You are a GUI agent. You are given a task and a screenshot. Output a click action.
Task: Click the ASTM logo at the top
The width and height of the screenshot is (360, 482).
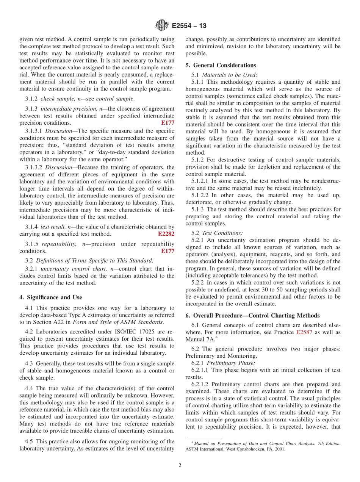[162, 26]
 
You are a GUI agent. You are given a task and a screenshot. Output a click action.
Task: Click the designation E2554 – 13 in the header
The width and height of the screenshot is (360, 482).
[189, 26]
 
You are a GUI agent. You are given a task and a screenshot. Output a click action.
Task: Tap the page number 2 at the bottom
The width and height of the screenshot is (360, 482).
[180, 465]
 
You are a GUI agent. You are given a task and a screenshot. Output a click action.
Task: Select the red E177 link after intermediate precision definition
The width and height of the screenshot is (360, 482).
[167, 123]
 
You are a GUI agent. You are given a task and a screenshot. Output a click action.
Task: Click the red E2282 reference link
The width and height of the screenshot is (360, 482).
[166, 234]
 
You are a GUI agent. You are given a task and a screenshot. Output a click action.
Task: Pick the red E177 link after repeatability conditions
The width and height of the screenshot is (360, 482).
[167, 251]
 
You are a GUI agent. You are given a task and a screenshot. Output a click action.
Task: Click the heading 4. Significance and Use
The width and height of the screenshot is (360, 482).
[51, 297]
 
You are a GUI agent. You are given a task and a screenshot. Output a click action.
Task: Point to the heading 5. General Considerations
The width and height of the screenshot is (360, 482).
[221, 65]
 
